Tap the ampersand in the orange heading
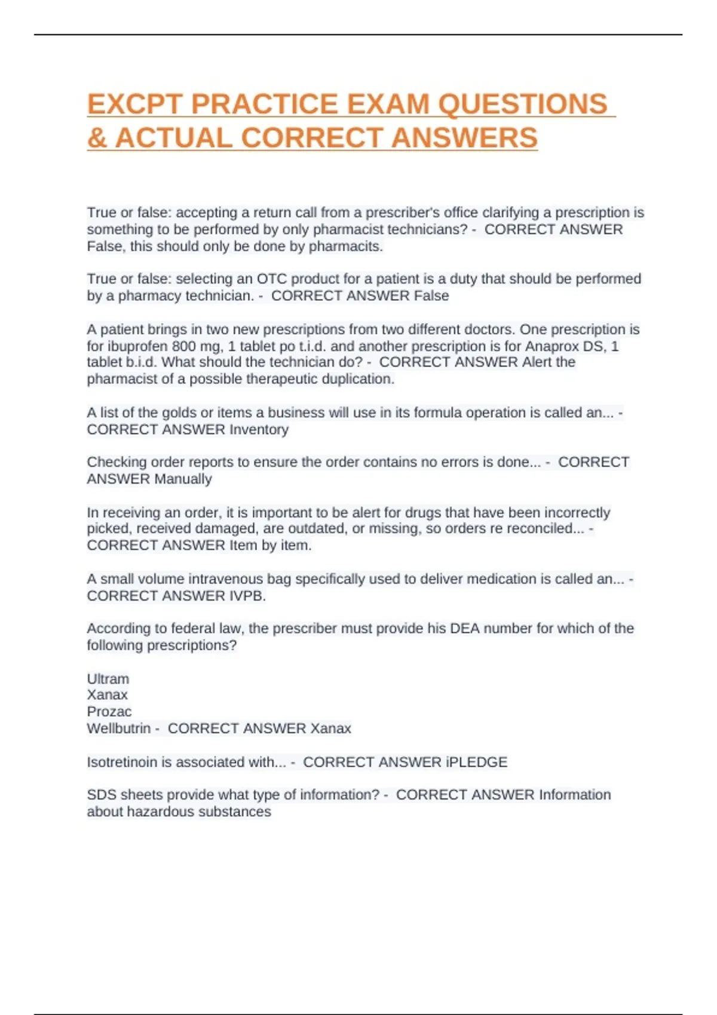pos(97,138)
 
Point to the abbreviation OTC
pos(271,279)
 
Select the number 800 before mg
pos(184,346)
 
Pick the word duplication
pos(358,379)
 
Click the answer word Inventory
pos(259,429)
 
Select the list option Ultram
pos(108,679)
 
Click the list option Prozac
pos(109,712)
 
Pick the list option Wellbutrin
pos(119,728)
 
